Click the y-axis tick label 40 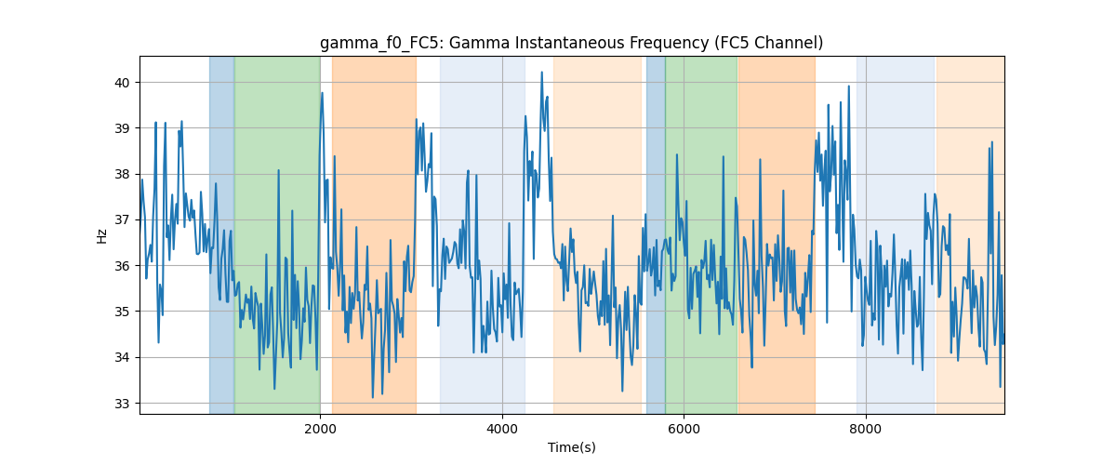click(122, 83)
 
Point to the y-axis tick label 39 click(122, 128)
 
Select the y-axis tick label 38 click(122, 175)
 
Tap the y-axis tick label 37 click(122, 220)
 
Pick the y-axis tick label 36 click(122, 266)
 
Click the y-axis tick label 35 click(122, 312)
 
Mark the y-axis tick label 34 click(122, 358)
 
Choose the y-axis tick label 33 click(122, 404)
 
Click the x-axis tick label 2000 click(320, 429)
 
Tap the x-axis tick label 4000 click(502, 429)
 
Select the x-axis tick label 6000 click(684, 429)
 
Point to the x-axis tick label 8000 click(866, 429)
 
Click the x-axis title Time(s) click(572, 447)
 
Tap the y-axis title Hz click(101, 236)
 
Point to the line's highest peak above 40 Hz click(541, 73)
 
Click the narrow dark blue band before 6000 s click(656, 234)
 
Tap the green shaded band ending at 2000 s click(277, 234)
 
